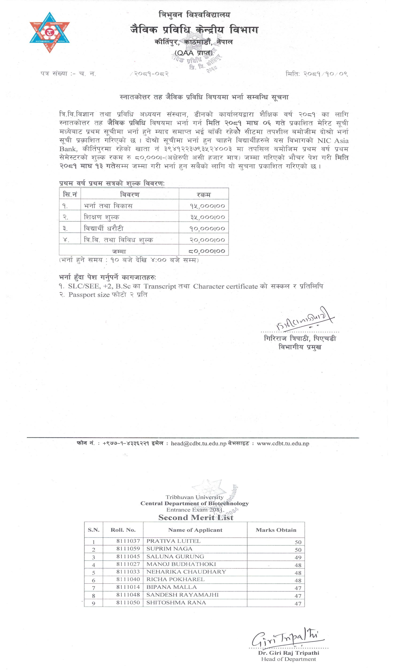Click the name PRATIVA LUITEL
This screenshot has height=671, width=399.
pos(173,541)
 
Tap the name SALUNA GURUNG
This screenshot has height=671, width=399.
pos(175,556)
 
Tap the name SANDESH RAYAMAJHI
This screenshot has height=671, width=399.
pos(182,595)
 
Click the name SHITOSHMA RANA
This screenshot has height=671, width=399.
pos(176,602)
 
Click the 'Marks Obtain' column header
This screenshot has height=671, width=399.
pos(276,530)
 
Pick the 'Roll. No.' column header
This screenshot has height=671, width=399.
pos(123,530)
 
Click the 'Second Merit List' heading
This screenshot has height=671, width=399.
pos(196,517)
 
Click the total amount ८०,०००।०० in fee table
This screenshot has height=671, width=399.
pos(207,251)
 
